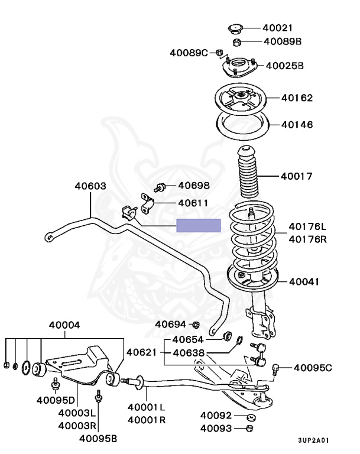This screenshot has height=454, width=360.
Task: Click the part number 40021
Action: coord(278,28)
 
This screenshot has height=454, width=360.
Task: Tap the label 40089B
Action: coord(283,41)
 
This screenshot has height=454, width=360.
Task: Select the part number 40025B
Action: coord(284,66)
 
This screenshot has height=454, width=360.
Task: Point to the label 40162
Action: coord(297,98)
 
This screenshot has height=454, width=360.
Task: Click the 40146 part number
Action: coord(297,125)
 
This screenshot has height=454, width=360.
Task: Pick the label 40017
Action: coord(296,176)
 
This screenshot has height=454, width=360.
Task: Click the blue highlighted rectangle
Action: coord(199,225)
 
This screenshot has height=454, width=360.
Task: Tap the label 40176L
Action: coord(307,226)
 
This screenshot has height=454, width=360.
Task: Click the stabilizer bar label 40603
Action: coord(90,186)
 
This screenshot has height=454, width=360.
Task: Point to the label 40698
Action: coord(194,186)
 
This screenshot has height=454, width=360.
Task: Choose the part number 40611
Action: coord(193,203)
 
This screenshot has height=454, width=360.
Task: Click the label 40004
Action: coord(64,325)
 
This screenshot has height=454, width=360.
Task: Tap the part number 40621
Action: coord(142,352)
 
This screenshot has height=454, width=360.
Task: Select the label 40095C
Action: coord(313,368)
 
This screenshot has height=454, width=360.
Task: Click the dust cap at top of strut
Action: coord(235,28)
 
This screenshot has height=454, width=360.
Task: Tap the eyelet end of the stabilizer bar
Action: coord(50,238)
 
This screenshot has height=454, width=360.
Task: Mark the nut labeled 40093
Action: coord(249,427)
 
